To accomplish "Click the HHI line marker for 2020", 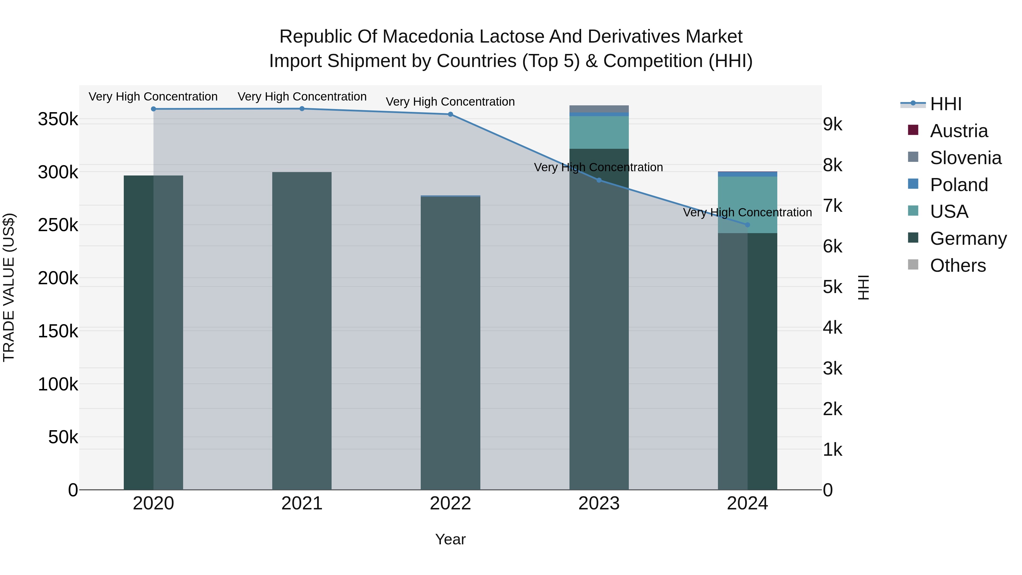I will coord(154,109).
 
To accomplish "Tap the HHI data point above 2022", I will coord(450,114).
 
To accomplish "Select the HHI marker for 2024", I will coord(747,225).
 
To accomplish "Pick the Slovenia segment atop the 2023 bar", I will coord(599,109).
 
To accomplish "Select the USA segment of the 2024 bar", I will coord(747,204).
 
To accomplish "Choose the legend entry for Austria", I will coord(958,131).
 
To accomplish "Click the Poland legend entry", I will coord(958,185).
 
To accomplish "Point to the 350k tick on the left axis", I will coord(58,119).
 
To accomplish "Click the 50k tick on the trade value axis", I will coord(63,437).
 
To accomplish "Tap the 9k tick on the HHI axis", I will coord(832,125).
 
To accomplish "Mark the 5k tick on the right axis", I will coord(832,287).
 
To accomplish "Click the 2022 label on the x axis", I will coord(450,503).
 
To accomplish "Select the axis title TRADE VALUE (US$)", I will coord(9,287).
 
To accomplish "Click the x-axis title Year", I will coord(450,539).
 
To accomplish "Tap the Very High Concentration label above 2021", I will coord(302,97).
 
